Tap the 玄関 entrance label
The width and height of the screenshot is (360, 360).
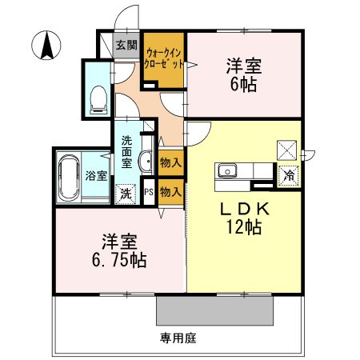click(x=126, y=45)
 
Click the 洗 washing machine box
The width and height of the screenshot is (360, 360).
click(x=126, y=193)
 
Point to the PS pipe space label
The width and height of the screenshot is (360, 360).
click(x=150, y=192)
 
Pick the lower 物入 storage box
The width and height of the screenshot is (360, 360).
click(x=170, y=192)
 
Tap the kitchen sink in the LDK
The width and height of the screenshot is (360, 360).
click(x=226, y=170)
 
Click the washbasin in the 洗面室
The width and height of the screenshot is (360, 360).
click(x=146, y=162)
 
